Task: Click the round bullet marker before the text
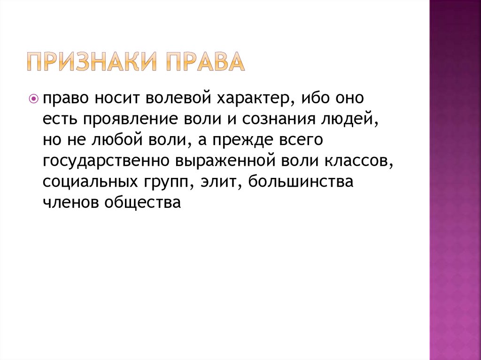33,99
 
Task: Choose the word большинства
301,182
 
